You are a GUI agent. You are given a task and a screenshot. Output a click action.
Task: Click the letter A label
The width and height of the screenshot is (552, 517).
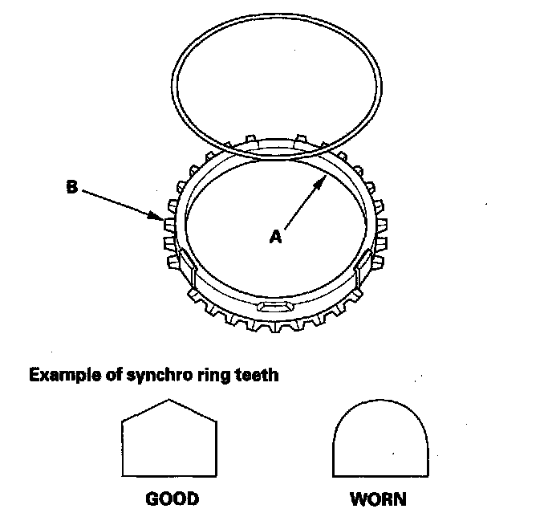point(274,236)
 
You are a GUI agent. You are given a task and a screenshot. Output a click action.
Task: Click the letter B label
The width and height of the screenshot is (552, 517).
point(71,188)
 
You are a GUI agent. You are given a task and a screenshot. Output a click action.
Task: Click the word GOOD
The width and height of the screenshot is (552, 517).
point(171,499)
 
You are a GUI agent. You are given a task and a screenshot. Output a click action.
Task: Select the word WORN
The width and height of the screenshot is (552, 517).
point(377,499)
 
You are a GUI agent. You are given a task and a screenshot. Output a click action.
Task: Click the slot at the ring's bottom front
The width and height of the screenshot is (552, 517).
point(276,307)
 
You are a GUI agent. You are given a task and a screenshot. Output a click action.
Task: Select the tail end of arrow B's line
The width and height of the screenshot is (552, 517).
point(83,191)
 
